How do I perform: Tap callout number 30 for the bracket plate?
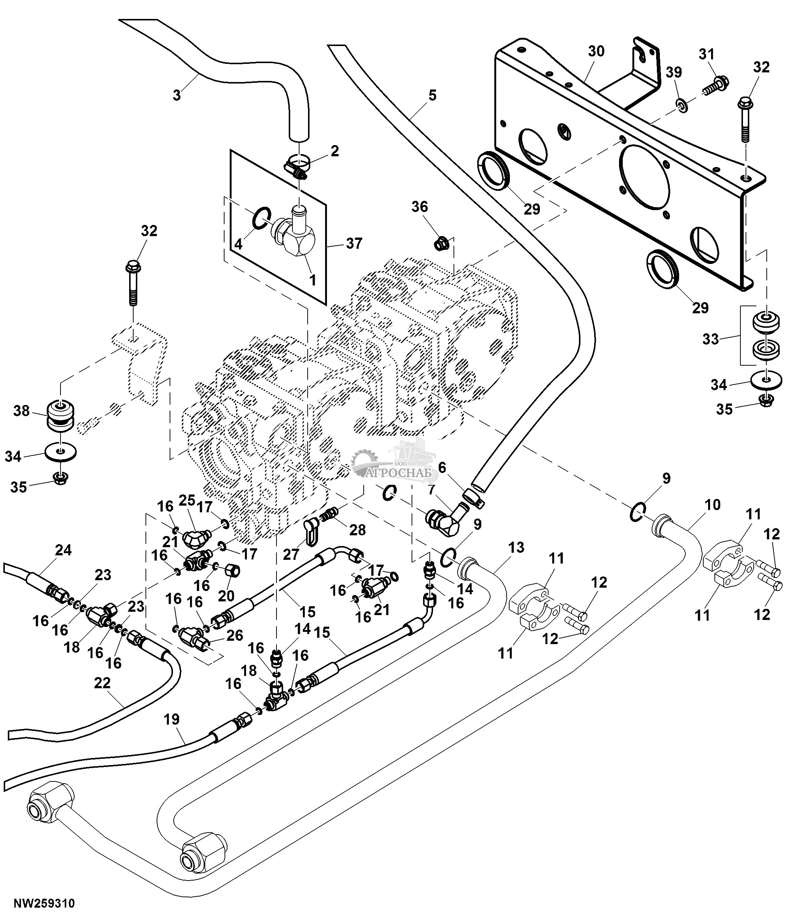coord(596,52)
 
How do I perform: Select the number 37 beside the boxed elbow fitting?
coord(354,244)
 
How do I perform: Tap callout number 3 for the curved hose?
coord(177,95)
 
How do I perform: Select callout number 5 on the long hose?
coord(432,95)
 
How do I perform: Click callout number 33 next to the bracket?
coord(710,339)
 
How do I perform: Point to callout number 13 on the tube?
coord(516,548)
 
